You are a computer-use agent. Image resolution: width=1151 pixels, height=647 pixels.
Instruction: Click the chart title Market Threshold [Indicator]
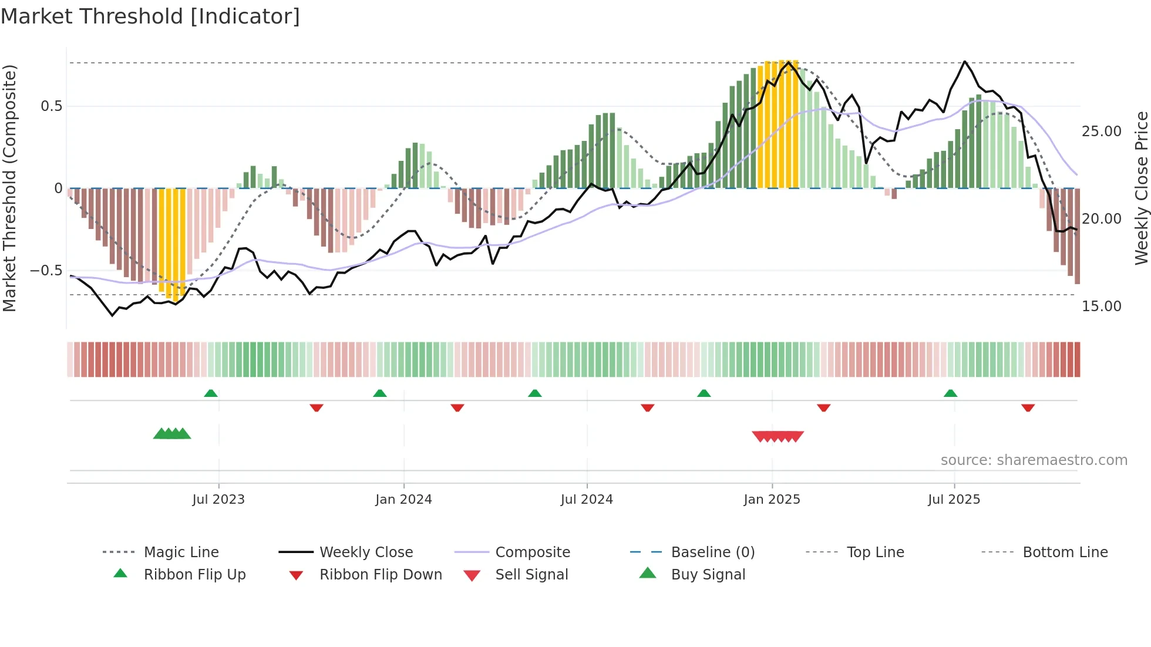(150, 16)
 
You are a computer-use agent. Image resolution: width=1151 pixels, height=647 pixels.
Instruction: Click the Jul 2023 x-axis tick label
(218, 500)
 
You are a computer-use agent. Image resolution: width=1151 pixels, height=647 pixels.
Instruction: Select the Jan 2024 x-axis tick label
(403, 500)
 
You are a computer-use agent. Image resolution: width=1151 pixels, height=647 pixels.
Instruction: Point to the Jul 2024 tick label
(587, 500)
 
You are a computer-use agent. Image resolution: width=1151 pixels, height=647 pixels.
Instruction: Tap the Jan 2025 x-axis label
(772, 500)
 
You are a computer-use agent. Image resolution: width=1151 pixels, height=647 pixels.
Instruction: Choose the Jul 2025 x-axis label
(954, 500)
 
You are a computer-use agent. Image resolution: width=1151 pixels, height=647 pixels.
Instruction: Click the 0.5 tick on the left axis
(51, 106)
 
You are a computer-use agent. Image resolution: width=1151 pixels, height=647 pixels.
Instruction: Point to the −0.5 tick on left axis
(46, 271)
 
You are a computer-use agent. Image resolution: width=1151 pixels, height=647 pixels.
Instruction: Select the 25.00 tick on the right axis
(1101, 132)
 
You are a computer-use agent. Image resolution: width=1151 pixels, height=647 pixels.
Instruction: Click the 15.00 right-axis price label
(1101, 306)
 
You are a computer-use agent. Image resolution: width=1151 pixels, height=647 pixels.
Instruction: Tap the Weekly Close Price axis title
(1141, 188)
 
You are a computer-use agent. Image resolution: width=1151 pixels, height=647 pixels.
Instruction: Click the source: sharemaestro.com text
(1034, 460)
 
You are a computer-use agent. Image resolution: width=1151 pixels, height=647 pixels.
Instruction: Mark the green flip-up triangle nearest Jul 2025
(950, 393)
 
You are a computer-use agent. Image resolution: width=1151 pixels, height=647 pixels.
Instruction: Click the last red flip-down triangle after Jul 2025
(1028, 407)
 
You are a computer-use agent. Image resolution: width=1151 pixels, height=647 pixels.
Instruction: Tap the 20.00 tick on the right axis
(1101, 219)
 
